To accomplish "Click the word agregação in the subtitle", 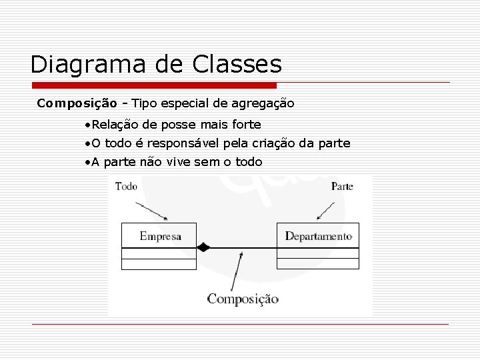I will [263, 103].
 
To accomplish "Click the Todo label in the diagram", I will [126, 187].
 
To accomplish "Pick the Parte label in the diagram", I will [342, 187].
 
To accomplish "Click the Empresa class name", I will [160, 236].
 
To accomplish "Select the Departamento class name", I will [318, 236].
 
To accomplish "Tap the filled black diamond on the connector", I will [203, 247].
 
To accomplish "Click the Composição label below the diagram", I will [243, 299].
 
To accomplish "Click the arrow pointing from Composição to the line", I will [235, 270].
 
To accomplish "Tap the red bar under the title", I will [153, 86].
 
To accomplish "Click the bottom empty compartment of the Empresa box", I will [159, 264].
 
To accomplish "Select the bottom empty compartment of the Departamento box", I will [317, 264].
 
